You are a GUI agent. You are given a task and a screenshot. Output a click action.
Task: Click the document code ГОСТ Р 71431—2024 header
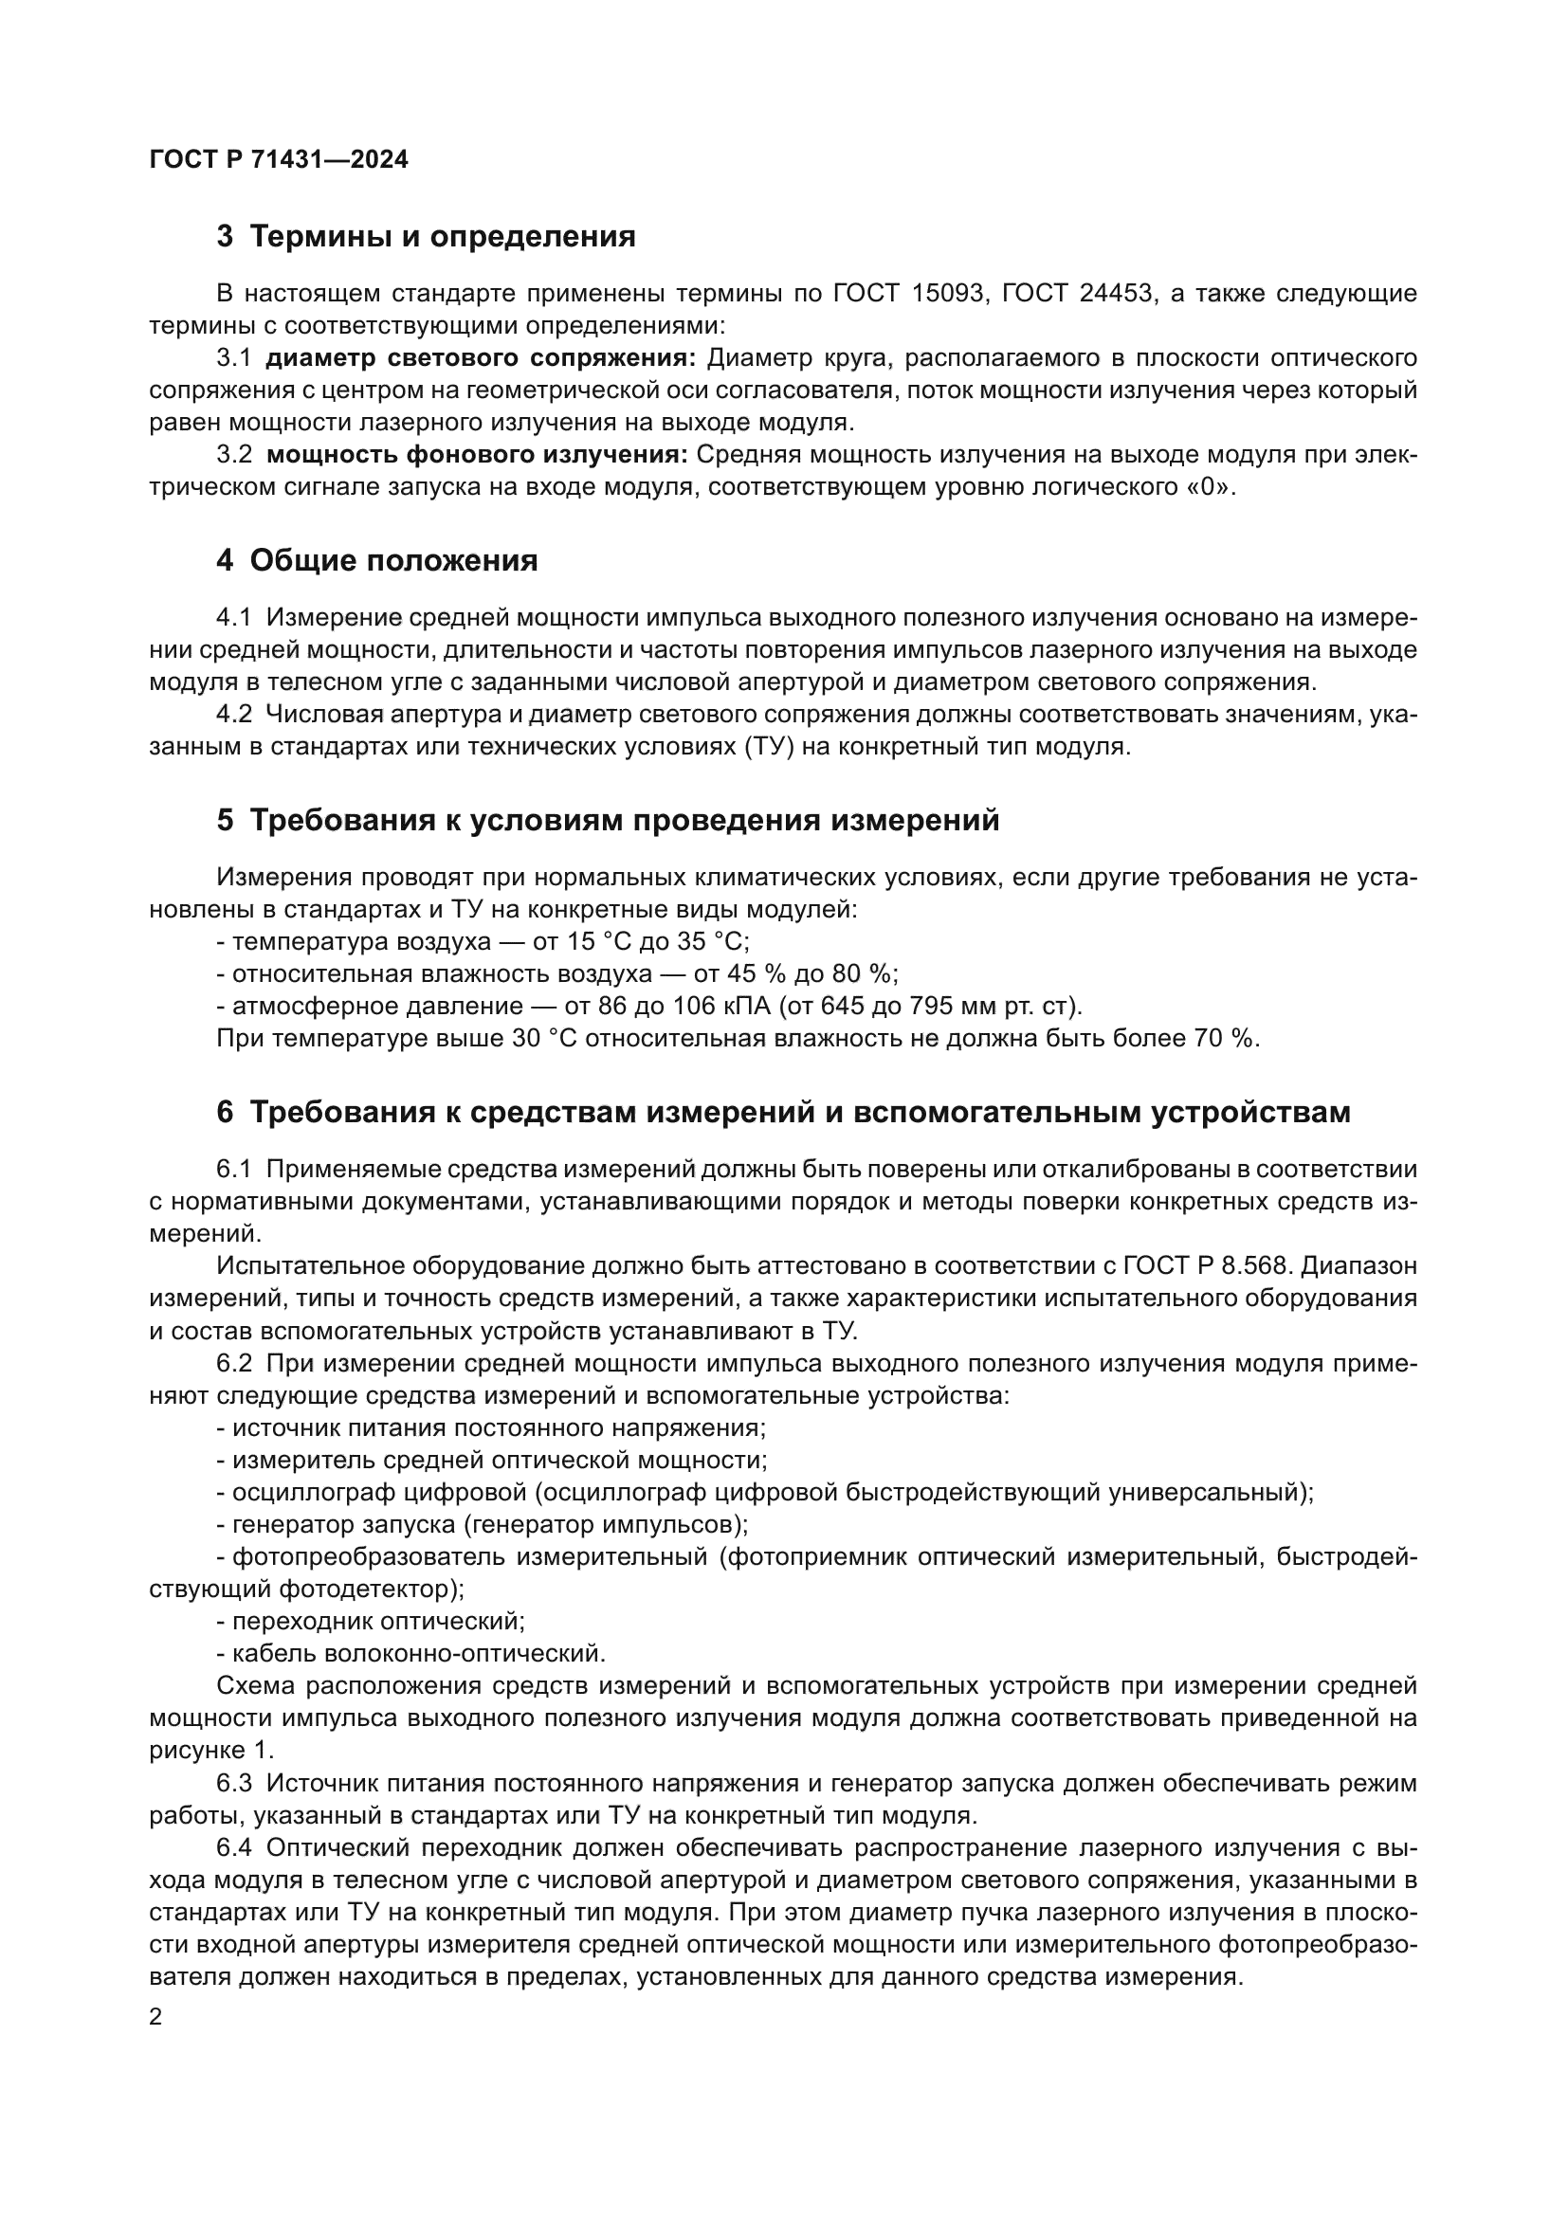coord(279,160)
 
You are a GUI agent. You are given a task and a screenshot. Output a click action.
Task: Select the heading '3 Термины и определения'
coord(426,237)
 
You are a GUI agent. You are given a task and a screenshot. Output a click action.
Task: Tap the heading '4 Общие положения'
coord(376,561)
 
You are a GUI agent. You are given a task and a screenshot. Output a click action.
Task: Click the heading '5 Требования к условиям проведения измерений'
coord(608,821)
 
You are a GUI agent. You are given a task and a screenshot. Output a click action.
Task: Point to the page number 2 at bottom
coord(156,2018)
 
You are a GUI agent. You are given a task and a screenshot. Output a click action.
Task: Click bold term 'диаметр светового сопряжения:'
coord(480,358)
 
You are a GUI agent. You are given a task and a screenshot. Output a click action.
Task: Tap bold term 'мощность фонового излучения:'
coord(477,455)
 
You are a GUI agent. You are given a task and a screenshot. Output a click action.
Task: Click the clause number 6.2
coord(233,1363)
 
